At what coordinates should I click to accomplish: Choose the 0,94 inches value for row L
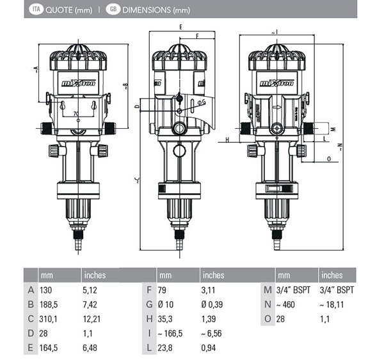[211, 347]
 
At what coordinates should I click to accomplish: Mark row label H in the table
[148, 318]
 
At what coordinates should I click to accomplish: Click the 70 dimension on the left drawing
[76, 114]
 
